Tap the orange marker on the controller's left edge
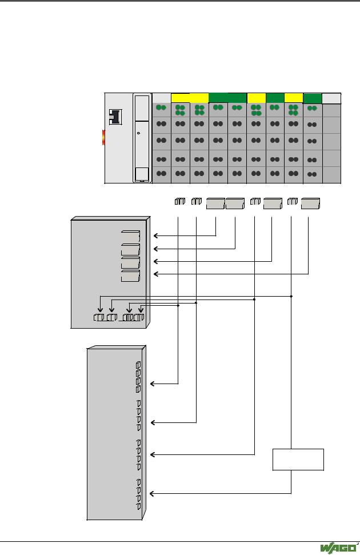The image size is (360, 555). pos(103,137)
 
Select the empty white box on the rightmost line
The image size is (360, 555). pos(298,460)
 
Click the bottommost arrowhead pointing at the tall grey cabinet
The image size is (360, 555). pos(153,493)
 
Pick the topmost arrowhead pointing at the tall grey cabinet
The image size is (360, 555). pos(153,384)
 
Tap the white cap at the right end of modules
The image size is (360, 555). pos(331,98)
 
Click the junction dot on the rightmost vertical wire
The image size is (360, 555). pos(291,296)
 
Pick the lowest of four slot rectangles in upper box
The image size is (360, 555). pos(131,275)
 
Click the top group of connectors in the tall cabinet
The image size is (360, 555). pos(138,376)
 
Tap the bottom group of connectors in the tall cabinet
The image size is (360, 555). pos(139,493)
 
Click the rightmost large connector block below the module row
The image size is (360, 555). pos(310,203)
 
